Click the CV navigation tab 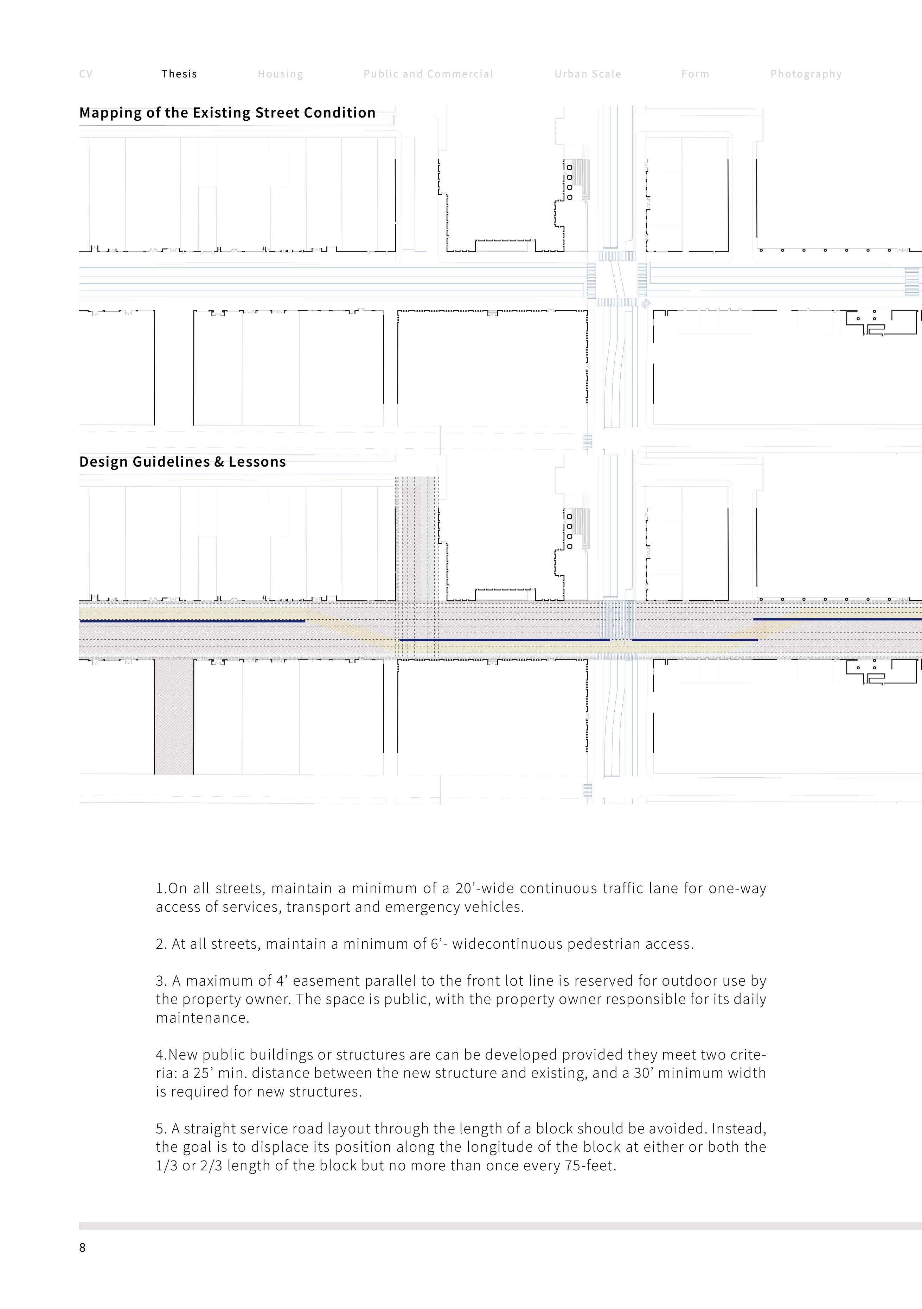coord(85,74)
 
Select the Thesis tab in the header coord(179,74)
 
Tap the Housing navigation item coord(280,74)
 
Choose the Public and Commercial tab coord(428,74)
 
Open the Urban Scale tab coord(588,74)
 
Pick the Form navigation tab coord(695,74)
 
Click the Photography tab coord(806,74)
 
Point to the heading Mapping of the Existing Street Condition coord(228,113)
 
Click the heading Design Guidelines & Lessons coord(183,462)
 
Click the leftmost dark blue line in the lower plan coord(193,621)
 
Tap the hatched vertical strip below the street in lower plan coord(174,717)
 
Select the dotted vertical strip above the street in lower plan coord(417,539)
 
